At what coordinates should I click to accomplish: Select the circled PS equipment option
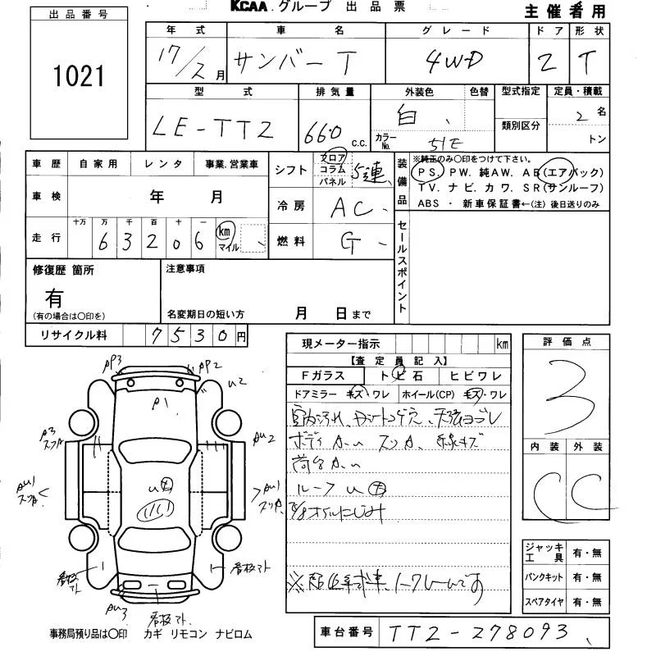(x=427, y=172)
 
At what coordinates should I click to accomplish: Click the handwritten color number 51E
(x=436, y=140)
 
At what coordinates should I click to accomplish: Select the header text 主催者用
(x=566, y=11)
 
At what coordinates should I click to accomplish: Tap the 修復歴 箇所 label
(x=63, y=269)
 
